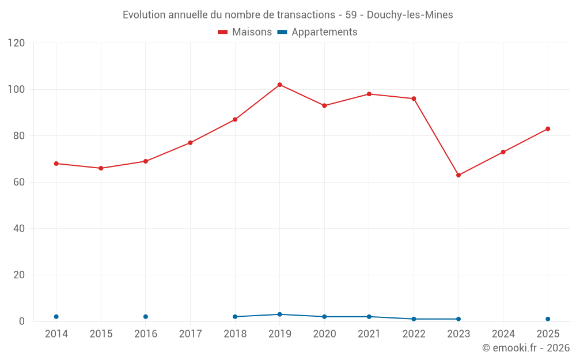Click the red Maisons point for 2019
point(279,85)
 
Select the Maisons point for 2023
point(458,175)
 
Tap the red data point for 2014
point(56,164)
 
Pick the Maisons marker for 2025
point(548,129)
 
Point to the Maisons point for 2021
point(369,94)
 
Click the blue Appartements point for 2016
point(146,317)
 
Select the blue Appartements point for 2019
point(279,314)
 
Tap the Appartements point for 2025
point(548,319)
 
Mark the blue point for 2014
point(56,317)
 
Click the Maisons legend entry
point(245,32)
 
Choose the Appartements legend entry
point(317,32)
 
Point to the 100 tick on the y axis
point(16,89)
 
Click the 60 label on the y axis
point(19,182)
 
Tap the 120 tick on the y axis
point(16,43)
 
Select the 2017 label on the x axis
point(190,334)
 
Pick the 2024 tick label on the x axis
point(503,334)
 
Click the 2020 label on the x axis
point(324,334)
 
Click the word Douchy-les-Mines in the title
point(410,15)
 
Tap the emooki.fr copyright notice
point(526,347)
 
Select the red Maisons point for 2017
point(190,142)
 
